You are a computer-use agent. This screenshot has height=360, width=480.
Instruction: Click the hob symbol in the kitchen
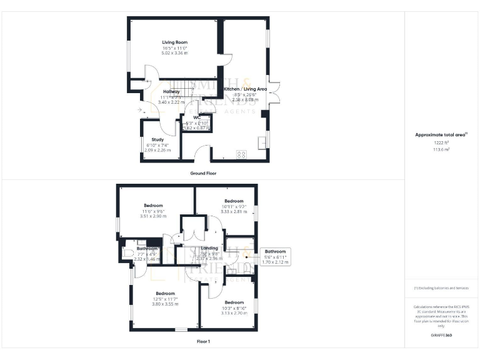[x=241, y=155]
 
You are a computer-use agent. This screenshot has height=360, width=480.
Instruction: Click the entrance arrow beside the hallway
[x=139, y=110]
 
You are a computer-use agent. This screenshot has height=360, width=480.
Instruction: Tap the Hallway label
[x=171, y=92]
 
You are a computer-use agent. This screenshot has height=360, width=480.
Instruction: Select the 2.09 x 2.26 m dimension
[x=157, y=150]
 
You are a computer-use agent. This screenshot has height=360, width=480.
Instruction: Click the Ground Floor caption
[x=203, y=172]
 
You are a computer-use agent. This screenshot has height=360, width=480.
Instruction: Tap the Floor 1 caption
[x=203, y=342]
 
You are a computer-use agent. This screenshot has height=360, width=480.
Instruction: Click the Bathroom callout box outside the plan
[x=274, y=256]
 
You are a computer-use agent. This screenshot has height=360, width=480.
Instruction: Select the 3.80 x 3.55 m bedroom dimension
[x=165, y=304]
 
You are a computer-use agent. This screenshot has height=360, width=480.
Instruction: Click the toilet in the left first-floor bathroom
[x=126, y=254]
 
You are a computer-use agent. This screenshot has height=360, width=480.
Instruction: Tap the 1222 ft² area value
[x=442, y=142]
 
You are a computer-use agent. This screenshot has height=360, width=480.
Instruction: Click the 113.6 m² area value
[x=442, y=149]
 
